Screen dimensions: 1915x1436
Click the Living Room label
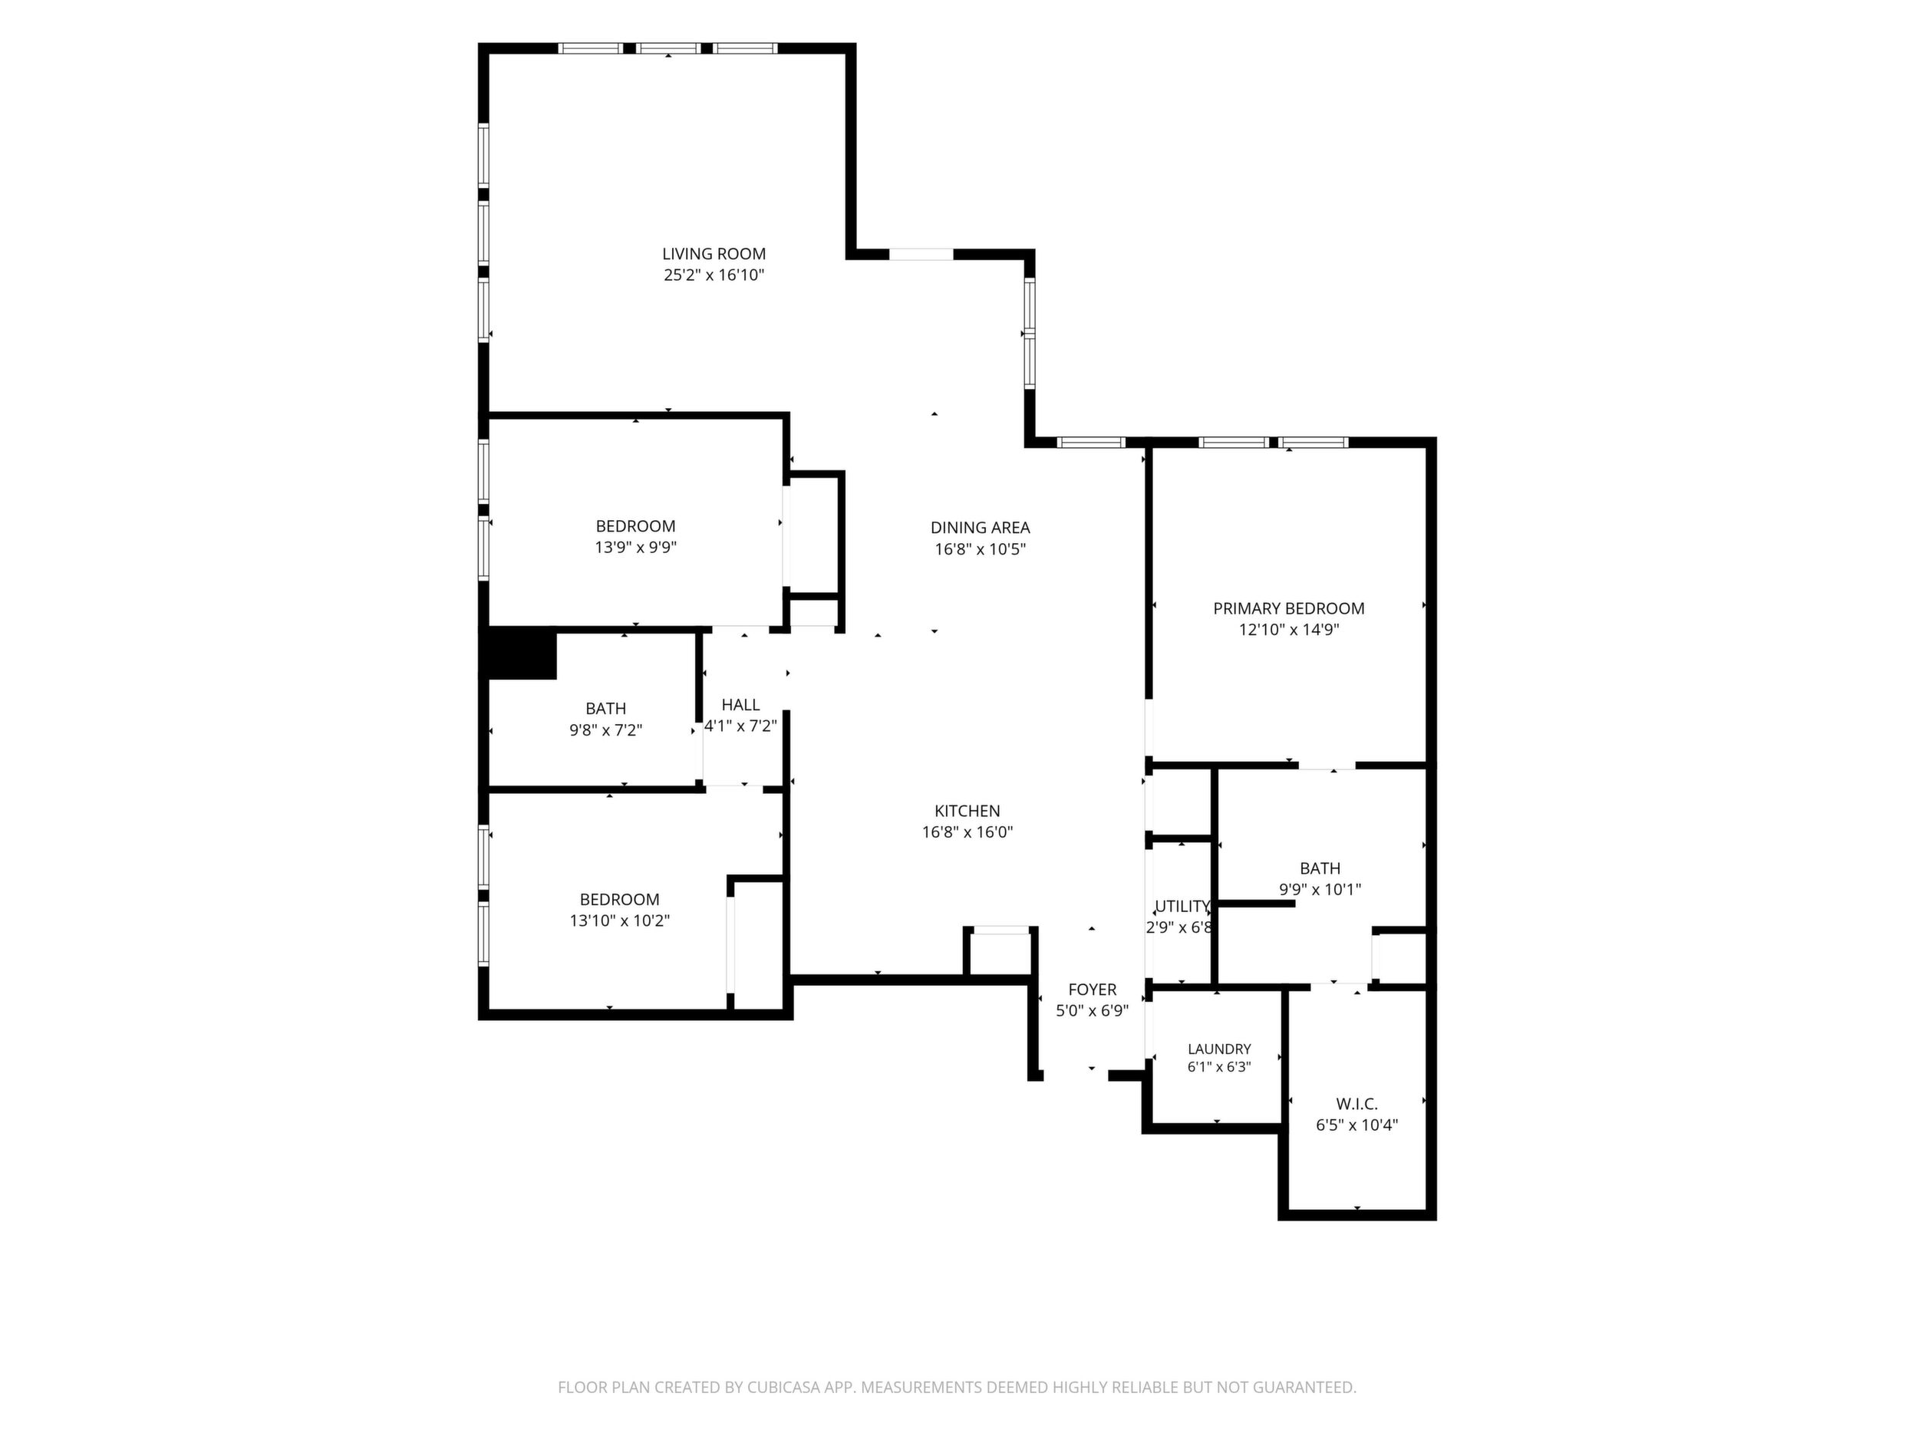[x=714, y=254]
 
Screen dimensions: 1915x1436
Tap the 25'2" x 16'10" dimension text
[x=714, y=275]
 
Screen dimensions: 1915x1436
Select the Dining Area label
[x=980, y=527]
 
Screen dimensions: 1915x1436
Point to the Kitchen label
[x=967, y=811]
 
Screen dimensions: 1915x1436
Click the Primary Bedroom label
[x=1288, y=608]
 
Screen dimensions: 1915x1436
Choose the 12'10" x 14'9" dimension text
[x=1288, y=630]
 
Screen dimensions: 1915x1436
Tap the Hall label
[x=740, y=705]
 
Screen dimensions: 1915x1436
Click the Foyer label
[x=1092, y=990]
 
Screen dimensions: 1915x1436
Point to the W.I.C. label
[x=1356, y=1104]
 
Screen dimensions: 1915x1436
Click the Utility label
[x=1182, y=906]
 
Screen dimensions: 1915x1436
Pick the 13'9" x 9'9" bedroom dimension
[x=635, y=547]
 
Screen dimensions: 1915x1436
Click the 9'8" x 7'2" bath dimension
[x=605, y=730]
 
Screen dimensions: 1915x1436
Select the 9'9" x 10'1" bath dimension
[x=1320, y=889]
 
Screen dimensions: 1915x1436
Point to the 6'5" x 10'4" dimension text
[x=1356, y=1125]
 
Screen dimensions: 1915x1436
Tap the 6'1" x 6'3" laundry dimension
[x=1219, y=1067]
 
